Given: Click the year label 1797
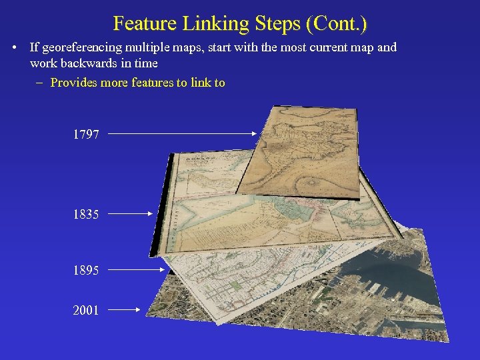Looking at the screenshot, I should [x=86, y=135].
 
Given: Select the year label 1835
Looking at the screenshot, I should [x=86, y=215].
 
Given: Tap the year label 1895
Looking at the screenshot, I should [x=86, y=271].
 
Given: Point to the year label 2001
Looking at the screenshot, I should [x=86, y=310].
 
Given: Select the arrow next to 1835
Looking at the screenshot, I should [x=131, y=214].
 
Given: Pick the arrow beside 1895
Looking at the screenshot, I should [x=136, y=270].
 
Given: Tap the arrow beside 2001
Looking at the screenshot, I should [x=123, y=309].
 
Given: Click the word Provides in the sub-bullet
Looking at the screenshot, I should [x=73, y=83].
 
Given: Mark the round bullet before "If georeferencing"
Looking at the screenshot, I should [x=15, y=48].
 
